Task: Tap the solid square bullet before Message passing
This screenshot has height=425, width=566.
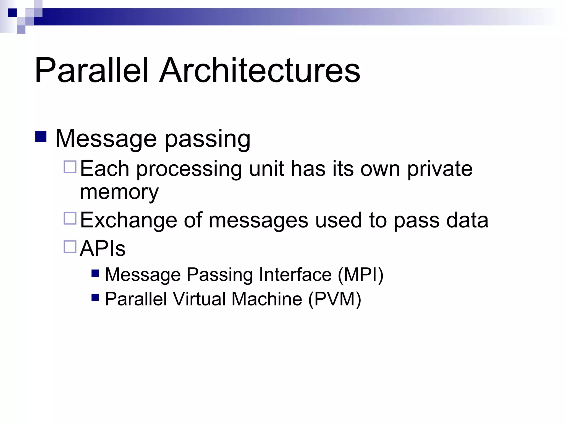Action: coord(41,136)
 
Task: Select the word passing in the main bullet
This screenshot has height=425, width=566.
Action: coord(208,139)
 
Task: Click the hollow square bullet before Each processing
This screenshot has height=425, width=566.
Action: coord(70,167)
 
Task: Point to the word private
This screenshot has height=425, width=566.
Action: coord(440,169)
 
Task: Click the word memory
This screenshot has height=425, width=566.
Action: coord(119,192)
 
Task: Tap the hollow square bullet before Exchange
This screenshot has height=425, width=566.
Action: coord(70,218)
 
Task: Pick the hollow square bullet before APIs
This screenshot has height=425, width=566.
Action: coord(70,247)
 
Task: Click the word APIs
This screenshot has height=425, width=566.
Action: coord(103,248)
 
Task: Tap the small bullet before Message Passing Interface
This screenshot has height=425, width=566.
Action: coord(95,273)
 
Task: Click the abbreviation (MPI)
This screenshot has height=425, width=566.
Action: coord(360,275)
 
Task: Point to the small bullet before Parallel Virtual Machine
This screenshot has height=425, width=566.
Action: coord(95,297)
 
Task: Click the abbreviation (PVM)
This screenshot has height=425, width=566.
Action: coord(334,299)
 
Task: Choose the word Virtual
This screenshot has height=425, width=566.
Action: coord(199,299)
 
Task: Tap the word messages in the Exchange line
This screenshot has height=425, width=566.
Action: coord(258,221)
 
